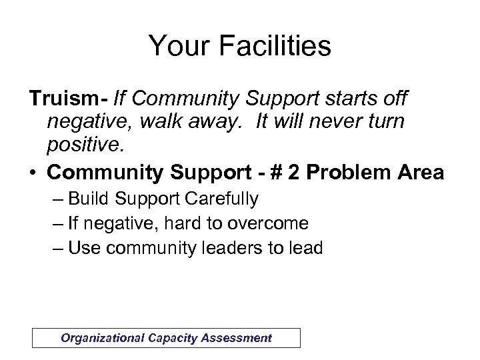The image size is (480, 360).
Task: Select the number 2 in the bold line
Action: [278, 173]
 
